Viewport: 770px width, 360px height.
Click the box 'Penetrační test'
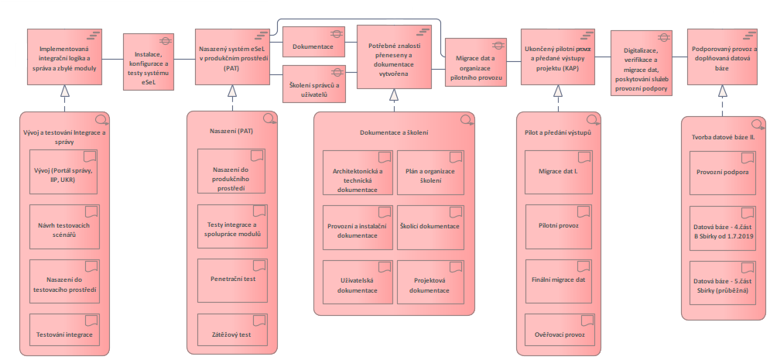tap(232, 280)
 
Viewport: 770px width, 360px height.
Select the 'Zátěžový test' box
tap(232, 334)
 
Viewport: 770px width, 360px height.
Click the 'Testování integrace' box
tap(64, 334)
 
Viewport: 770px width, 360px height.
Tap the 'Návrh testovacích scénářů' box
tap(64, 226)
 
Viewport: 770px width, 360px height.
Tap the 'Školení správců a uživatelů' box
tap(313, 87)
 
